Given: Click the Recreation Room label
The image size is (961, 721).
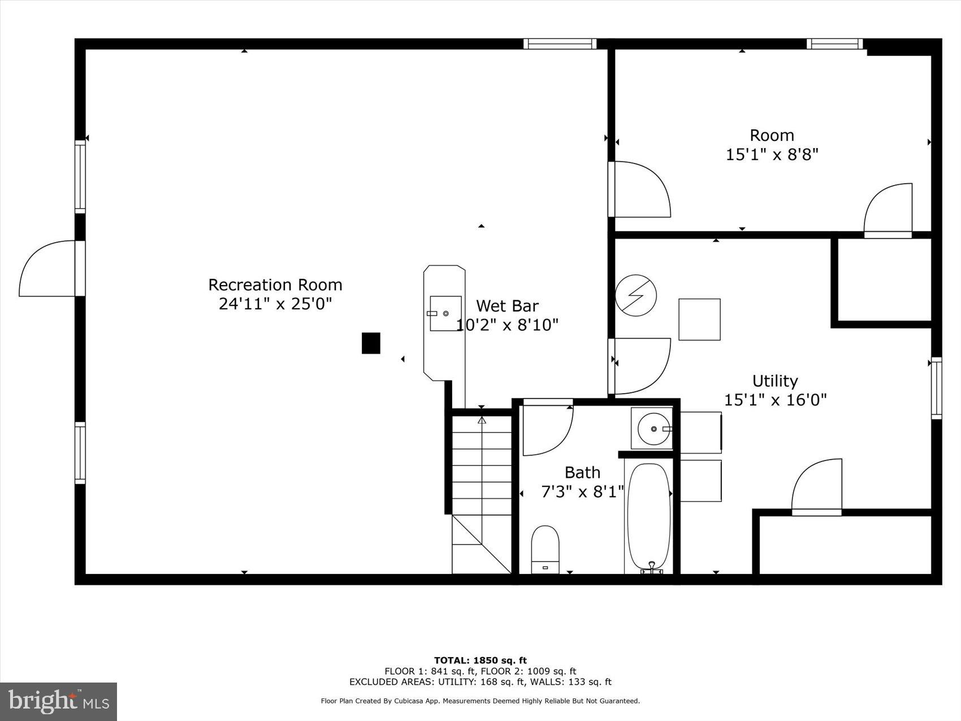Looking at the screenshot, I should click(275, 284).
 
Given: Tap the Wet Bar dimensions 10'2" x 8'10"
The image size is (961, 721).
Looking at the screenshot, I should click(507, 325).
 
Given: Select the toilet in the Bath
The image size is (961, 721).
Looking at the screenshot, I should click(545, 549).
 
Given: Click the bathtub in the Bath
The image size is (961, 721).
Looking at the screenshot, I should click(649, 516).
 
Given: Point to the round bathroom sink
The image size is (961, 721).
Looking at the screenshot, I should click(654, 429).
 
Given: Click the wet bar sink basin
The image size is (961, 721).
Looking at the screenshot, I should click(444, 313).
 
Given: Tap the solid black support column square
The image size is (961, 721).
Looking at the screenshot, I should click(371, 343).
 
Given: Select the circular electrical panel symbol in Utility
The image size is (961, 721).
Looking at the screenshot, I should click(636, 295).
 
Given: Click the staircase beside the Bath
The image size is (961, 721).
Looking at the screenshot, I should click(482, 492).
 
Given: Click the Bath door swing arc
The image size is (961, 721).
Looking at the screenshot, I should click(547, 429).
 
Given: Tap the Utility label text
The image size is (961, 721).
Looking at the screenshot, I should click(774, 381).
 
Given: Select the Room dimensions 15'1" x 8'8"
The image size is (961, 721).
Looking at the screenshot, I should click(772, 154).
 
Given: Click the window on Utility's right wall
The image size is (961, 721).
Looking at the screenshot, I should click(936, 388).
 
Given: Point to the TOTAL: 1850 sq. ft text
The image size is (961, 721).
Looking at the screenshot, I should click(480, 660).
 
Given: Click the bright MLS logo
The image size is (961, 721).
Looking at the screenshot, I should click(59, 701).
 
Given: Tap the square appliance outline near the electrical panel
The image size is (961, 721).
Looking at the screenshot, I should click(699, 320).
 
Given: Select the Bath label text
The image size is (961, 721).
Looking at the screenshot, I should click(582, 472).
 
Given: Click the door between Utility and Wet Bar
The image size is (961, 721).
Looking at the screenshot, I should click(640, 366).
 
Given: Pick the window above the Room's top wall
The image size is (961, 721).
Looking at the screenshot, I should click(834, 44).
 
